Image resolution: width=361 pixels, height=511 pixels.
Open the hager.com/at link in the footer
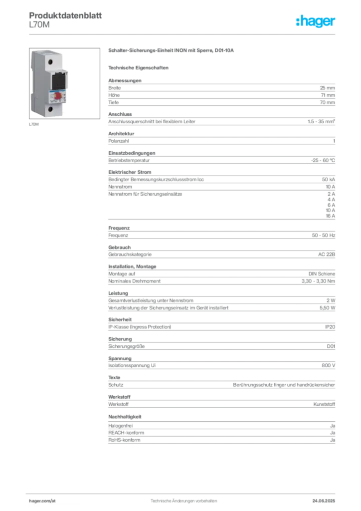(x=41, y=500)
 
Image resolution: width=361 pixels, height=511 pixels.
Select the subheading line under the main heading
(x=140, y=67)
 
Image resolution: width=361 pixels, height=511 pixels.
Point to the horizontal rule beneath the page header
(x=194, y=33)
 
